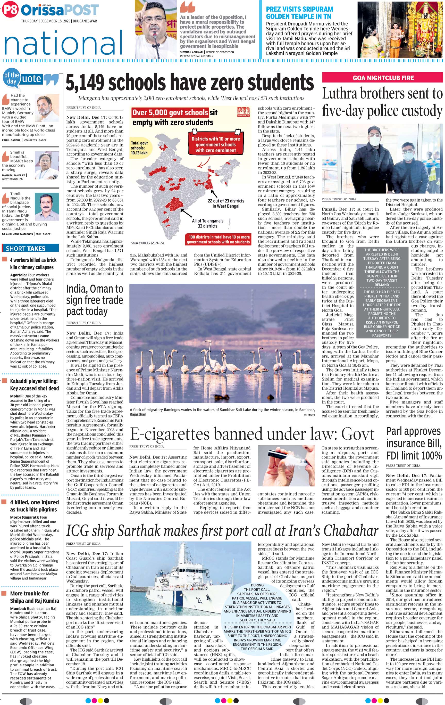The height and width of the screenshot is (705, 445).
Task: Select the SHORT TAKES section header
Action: pos(26,249)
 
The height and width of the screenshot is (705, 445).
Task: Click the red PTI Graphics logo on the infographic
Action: pos(244,112)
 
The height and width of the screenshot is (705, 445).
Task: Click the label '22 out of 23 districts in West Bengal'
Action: pos(226,203)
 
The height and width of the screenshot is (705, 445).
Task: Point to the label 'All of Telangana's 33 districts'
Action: pos(207,223)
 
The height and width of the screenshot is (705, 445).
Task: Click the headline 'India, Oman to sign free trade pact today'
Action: pos(94,300)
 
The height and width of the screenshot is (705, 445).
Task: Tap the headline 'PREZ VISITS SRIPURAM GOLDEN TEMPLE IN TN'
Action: pos(299,13)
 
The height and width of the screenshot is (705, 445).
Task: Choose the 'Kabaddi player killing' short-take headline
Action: pos(34,385)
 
